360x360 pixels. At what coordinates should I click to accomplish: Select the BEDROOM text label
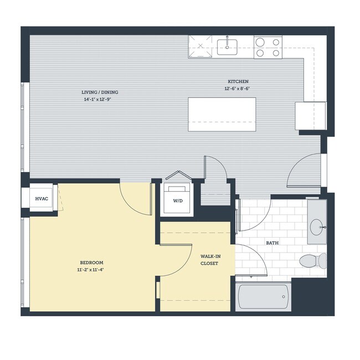tap(91, 263)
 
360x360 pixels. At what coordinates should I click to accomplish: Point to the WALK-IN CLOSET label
tap(209, 260)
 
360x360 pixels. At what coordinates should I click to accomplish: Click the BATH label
tap(272, 243)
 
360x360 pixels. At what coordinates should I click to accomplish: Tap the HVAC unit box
tap(41, 198)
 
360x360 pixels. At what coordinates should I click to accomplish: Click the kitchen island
tap(222, 114)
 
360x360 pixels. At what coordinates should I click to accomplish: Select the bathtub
tap(263, 298)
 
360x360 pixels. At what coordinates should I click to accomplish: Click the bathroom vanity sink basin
tap(317, 226)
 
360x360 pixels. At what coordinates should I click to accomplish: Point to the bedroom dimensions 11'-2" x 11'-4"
tap(91, 270)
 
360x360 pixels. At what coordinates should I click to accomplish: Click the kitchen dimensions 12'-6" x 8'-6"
tap(238, 89)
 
